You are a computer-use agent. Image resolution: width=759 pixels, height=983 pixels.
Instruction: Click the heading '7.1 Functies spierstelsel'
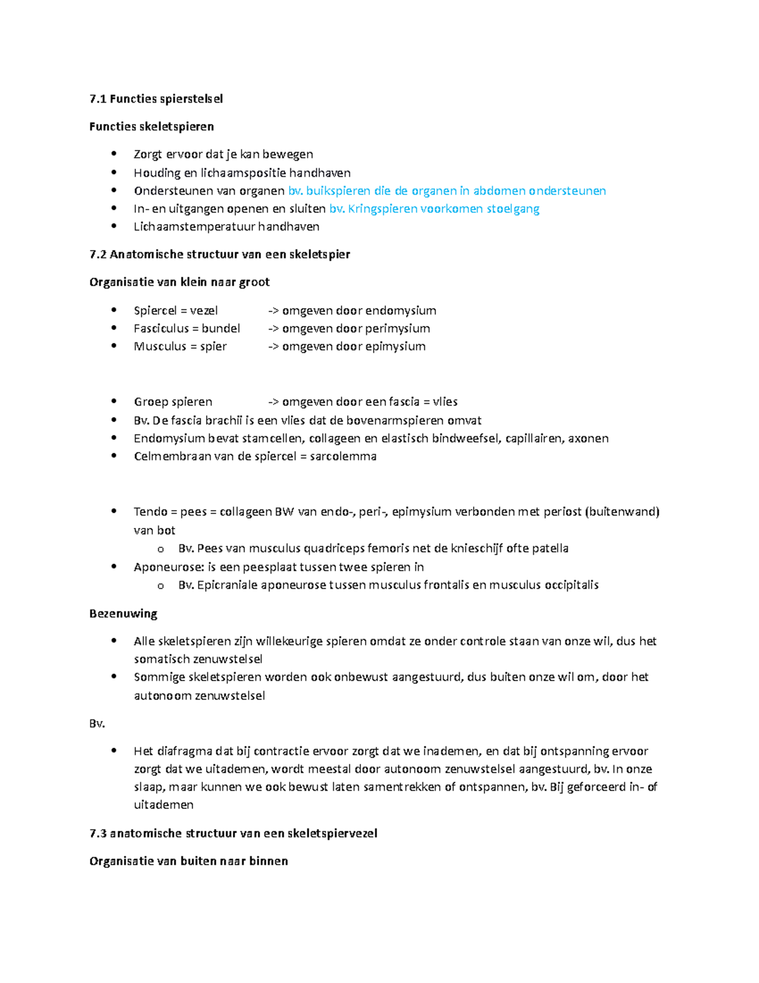tap(156, 99)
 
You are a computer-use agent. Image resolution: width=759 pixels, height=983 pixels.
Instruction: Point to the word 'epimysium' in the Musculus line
tap(398, 346)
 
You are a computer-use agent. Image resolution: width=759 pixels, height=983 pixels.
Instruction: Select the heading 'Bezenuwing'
tap(123, 613)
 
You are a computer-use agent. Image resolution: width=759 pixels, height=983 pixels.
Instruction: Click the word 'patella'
tap(550, 548)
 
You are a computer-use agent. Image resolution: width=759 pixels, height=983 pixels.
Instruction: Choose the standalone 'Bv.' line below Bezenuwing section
tap(97, 723)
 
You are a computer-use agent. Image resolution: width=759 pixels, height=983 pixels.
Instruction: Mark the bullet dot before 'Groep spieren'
tap(114, 401)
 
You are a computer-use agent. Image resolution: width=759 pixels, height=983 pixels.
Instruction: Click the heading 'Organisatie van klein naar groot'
tap(180, 282)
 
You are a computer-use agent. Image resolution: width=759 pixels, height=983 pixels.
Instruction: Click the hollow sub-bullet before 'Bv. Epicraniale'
tap(161, 586)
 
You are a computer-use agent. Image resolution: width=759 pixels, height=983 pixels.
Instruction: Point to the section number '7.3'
tap(98, 834)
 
